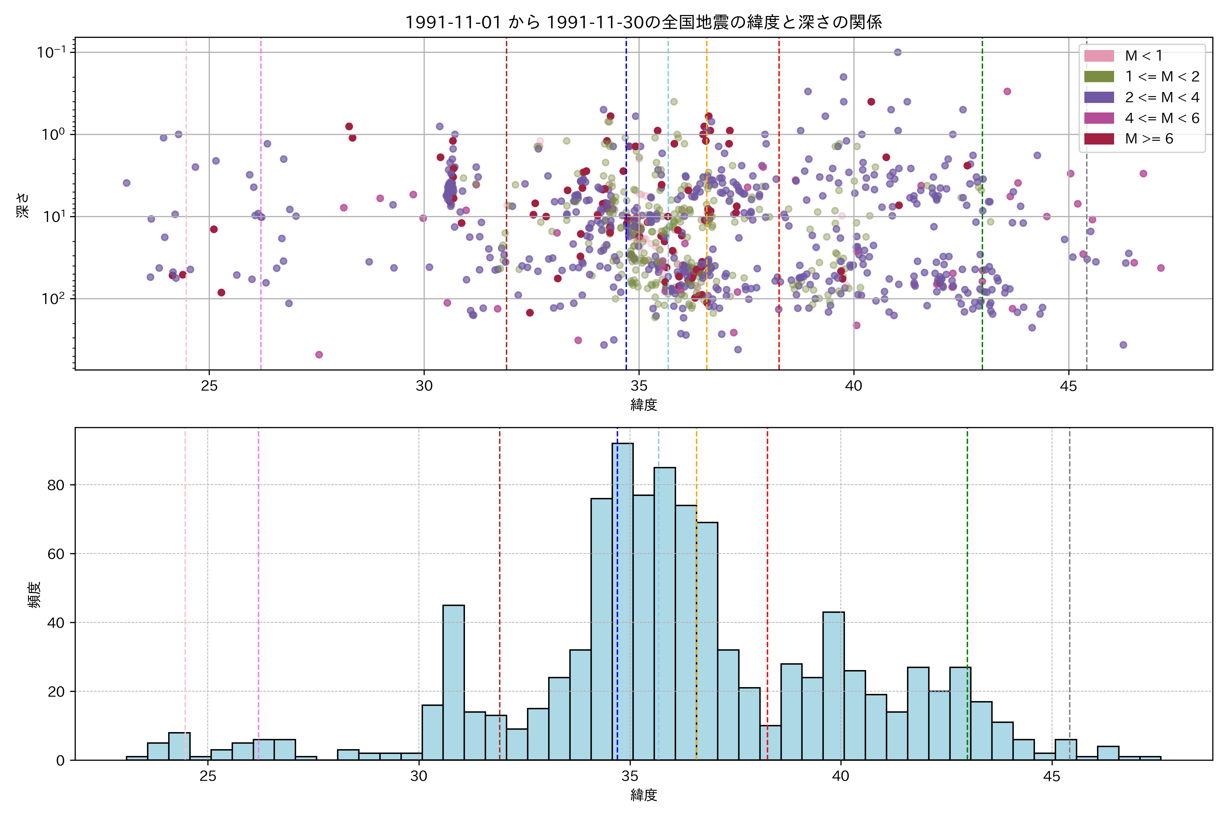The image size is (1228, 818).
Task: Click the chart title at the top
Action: tap(643, 22)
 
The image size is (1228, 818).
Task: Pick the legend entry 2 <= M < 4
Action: tap(1162, 97)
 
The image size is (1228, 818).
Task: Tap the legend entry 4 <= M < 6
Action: tap(1162, 118)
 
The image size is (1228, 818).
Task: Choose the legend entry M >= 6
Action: tap(1149, 139)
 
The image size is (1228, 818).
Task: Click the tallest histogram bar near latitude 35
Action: tap(622, 600)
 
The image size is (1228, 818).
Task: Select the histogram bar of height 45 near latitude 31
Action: tap(453, 682)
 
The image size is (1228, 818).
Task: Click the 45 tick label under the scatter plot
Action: tap(1068, 387)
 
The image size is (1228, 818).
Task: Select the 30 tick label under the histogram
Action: tap(419, 776)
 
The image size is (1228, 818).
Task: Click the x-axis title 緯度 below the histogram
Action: tap(643, 795)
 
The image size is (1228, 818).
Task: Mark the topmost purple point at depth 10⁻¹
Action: tap(897, 52)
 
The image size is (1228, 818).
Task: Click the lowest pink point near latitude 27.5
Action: tap(319, 355)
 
